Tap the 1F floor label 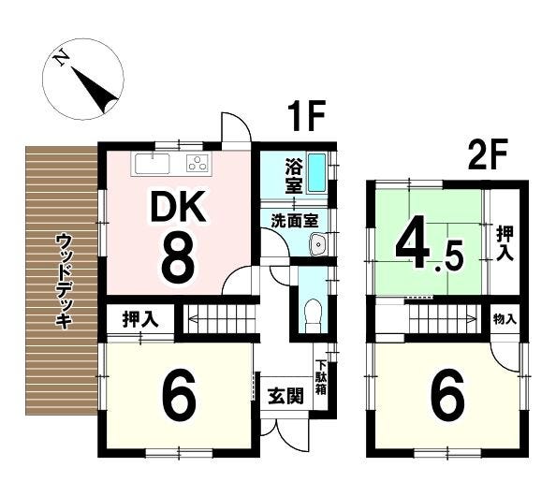click(307, 116)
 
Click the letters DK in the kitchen click(179, 207)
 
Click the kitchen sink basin click(153, 164)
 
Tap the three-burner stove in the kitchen click(198, 164)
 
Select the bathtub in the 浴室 click(316, 172)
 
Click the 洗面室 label click(295, 221)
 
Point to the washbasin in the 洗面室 click(319, 244)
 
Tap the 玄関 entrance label click(285, 396)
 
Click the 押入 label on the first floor click(140, 319)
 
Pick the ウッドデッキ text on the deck click(64, 281)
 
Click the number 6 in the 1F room click(179, 395)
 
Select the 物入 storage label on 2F click(505, 319)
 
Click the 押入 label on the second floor click(505, 244)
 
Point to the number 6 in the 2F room click(447, 394)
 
